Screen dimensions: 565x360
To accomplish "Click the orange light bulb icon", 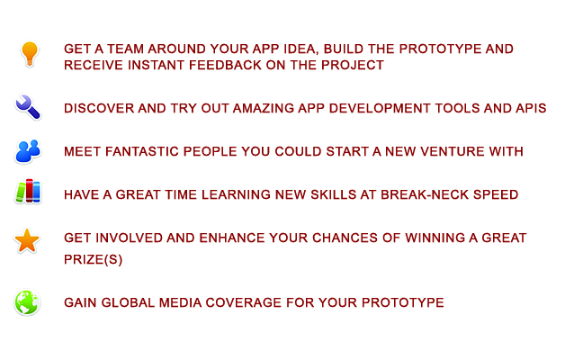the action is point(30,54).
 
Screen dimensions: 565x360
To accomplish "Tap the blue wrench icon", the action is point(28,107).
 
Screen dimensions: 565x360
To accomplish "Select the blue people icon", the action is point(28,151).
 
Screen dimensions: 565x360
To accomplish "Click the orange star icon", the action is point(27,240).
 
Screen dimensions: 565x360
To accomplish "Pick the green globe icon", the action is point(27,302).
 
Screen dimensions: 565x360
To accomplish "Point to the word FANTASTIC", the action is point(142,151).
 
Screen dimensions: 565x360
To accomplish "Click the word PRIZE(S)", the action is point(94,259).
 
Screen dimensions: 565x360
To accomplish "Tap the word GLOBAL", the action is point(128,302).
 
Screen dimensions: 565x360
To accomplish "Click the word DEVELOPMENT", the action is point(380,108).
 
